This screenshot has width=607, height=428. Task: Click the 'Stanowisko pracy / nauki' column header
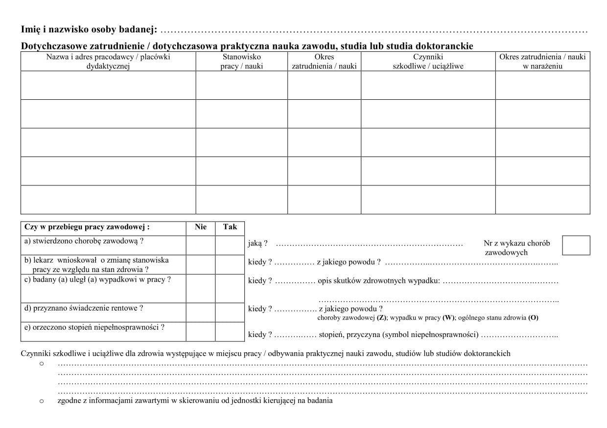(x=241, y=62)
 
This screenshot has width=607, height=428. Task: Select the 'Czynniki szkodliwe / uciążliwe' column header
(x=428, y=62)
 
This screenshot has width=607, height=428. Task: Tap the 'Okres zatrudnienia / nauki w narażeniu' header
(x=542, y=62)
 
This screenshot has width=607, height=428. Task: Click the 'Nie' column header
(x=201, y=227)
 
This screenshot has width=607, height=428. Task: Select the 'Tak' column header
(x=230, y=227)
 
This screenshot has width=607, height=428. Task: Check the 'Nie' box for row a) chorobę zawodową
(x=201, y=245)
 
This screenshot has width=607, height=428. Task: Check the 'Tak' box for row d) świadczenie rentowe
(x=230, y=313)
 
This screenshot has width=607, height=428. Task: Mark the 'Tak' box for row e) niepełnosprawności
(x=230, y=332)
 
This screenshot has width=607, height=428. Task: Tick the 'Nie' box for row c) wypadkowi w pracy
(x=201, y=289)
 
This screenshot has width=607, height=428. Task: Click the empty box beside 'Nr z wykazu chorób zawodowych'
(x=576, y=245)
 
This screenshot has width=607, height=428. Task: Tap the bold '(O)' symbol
(x=533, y=318)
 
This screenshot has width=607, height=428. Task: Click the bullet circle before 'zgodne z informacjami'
(x=41, y=401)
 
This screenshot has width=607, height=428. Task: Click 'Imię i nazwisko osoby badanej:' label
(x=89, y=30)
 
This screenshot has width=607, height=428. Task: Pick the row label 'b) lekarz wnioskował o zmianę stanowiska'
(x=96, y=260)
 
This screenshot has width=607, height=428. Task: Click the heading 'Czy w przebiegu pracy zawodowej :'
(x=87, y=227)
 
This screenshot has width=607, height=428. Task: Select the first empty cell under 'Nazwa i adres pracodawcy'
(x=108, y=85)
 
